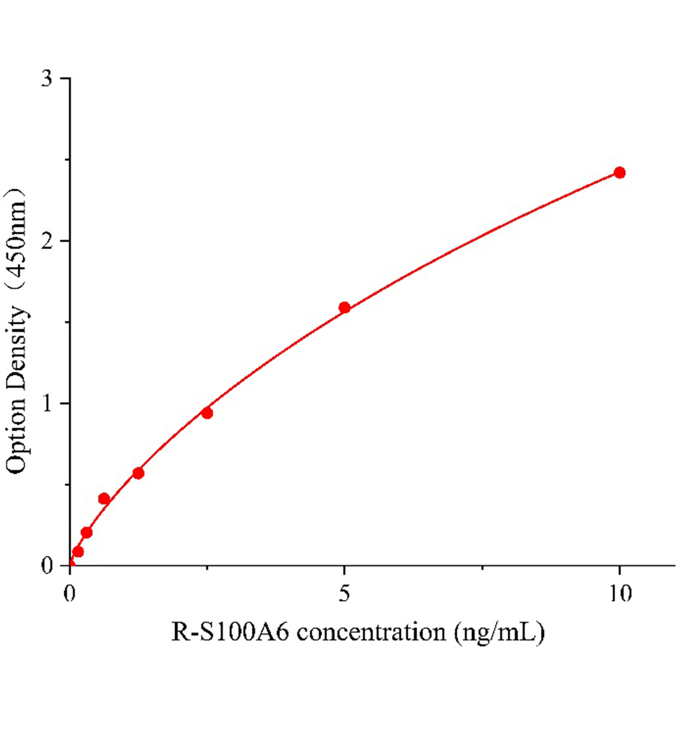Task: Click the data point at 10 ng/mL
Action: [x=619, y=173]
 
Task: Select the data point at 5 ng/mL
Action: [x=345, y=307]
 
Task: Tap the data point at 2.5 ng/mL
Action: [x=207, y=413]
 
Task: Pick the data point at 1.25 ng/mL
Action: [x=138, y=473]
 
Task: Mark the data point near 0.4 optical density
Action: [x=104, y=498]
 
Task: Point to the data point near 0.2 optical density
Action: [x=86, y=532]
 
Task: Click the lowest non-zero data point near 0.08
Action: [x=78, y=551]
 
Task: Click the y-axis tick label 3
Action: [x=47, y=79]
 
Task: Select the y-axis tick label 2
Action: [x=47, y=241]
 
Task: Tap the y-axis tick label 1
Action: [x=47, y=403]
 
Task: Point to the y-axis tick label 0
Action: [x=47, y=565]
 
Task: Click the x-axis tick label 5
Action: [x=345, y=593]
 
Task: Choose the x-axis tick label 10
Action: [x=619, y=593]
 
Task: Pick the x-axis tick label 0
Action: [x=70, y=593]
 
